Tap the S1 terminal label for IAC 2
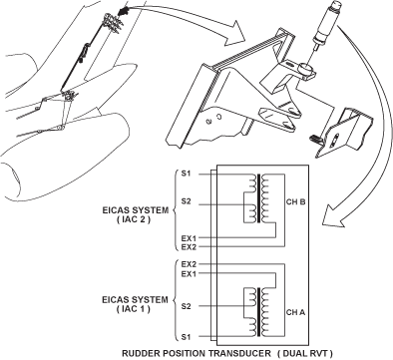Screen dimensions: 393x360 click(x=187, y=174)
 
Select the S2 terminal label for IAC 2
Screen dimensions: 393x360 click(x=187, y=201)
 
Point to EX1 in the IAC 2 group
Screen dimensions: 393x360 click(x=189, y=238)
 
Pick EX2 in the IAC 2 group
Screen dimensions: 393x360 click(x=189, y=247)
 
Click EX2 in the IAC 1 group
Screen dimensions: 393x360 click(x=189, y=264)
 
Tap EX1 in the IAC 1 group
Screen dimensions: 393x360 click(x=189, y=274)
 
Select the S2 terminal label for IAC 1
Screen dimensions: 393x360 click(x=187, y=306)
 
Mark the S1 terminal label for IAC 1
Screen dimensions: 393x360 click(x=187, y=337)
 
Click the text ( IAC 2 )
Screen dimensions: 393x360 click(x=134, y=219)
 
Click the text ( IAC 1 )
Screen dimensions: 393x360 click(x=134, y=309)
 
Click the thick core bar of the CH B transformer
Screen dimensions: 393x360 click(x=258, y=197)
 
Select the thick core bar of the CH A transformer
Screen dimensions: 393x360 click(x=258, y=312)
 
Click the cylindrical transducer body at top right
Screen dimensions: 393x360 click(x=326, y=24)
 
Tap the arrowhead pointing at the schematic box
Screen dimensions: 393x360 click(x=333, y=216)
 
